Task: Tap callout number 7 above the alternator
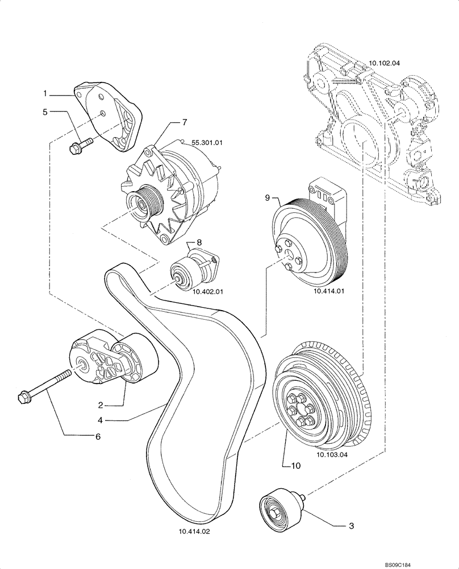click(184, 122)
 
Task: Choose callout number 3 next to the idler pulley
click(352, 526)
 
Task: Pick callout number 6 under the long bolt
click(97, 436)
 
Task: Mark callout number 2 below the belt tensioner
click(100, 405)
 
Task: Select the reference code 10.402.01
click(208, 291)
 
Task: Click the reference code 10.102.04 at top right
click(385, 64)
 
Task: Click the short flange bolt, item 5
click(76, 146)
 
